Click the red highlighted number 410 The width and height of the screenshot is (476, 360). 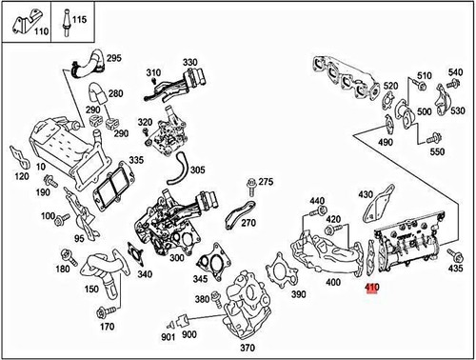pos(371,286)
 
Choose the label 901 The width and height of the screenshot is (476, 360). pos(167,336)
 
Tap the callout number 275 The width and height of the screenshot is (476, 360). pos(266,181)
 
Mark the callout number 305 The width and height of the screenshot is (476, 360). pos(197,170)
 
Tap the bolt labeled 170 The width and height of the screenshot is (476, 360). pos(103,311)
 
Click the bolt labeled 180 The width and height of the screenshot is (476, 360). pos(67,255)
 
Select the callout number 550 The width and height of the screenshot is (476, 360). pos(437,152)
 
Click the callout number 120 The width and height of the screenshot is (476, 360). pos(21,177)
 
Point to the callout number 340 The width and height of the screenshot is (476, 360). pos(144,275)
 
